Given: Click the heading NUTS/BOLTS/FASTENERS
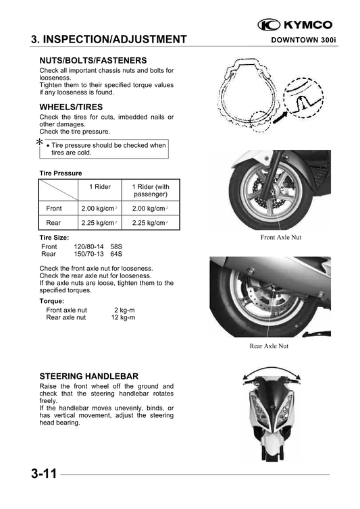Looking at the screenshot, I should pyautogui.click(x=93, y=60).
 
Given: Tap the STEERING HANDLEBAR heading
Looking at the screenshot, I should pyautogui.click(x=89, y=375).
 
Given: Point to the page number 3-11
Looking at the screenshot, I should pyautogui.click(x=43, y=474).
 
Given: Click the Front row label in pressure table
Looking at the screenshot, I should pyautogui.click(x=53, y=209).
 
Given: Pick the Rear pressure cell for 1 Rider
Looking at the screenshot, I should pyautogui.click(x=99, y=222).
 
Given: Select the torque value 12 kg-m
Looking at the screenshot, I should pyautogui.click(x=123, y=317).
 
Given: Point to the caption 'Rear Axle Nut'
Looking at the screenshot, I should pyautogui.click(x=269, y=346).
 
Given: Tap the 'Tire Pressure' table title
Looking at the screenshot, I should pyautogui.click(x=61, y=173).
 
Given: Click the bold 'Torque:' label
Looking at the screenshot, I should pyautogui.click(x=52, y=301).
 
